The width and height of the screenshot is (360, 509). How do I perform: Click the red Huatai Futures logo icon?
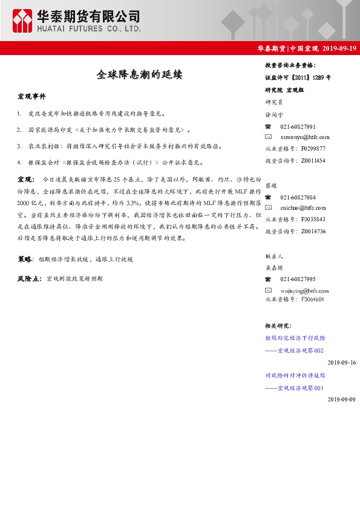[22, 21]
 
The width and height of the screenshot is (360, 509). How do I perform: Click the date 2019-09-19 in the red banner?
[339, 48]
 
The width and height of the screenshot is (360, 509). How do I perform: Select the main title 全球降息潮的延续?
[139, 75]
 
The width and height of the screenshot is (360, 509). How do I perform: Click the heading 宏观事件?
[31, 96]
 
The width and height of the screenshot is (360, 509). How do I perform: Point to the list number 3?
[20, 146]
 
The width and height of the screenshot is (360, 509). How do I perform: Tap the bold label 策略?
[25, 259]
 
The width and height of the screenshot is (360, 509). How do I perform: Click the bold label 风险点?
[28, 279]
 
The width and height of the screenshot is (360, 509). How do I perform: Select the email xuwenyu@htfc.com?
[305, 137]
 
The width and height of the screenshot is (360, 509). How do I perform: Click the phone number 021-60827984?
[298, 198]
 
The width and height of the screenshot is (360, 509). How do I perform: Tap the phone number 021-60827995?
[298, 279]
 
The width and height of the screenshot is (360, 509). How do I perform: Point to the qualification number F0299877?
[313, 149]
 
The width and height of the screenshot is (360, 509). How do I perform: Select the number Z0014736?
[313, 231]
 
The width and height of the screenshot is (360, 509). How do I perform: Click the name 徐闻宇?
[274, 114]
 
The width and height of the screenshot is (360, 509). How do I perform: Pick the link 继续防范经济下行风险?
[295, 338]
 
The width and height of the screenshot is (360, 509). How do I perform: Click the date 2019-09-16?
[342, 362]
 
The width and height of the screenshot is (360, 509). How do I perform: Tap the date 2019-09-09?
[342, 400]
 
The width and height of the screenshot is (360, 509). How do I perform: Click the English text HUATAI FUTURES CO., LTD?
[88, 28]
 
